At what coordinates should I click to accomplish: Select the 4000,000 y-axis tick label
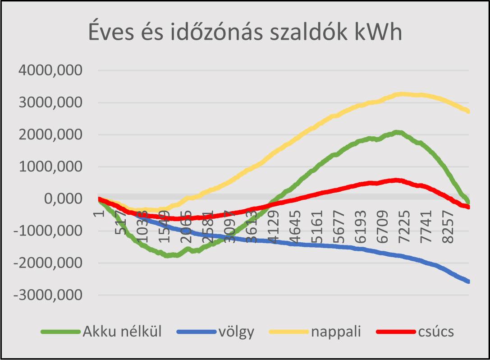(50, 70)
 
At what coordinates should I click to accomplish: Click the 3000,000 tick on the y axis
(50, 102)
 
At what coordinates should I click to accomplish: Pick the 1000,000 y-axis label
(50, 166)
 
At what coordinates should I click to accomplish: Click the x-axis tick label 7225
(405, 223)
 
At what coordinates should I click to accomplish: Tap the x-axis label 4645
(295, 223)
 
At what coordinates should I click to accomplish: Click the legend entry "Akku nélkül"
(122, 332)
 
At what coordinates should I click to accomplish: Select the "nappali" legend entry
(336, 332)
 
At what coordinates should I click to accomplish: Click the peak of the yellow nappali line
(402, 94)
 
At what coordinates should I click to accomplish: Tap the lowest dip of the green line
(169, 255)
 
